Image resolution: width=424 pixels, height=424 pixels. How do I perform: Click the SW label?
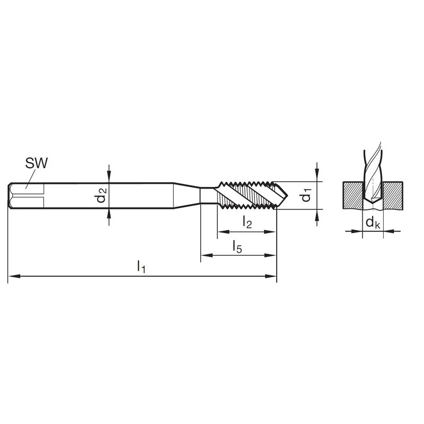(36, 163)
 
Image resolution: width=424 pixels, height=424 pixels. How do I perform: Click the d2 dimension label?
(102, 195)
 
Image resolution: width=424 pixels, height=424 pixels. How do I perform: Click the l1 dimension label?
(142, 267)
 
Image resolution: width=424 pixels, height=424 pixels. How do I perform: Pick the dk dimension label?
(373, 223)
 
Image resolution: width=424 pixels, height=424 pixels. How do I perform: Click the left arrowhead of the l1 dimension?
(14, 276)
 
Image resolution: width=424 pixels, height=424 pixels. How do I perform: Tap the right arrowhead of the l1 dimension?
(270, 276)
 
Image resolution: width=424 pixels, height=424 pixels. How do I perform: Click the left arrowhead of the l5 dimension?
(207, 255)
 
